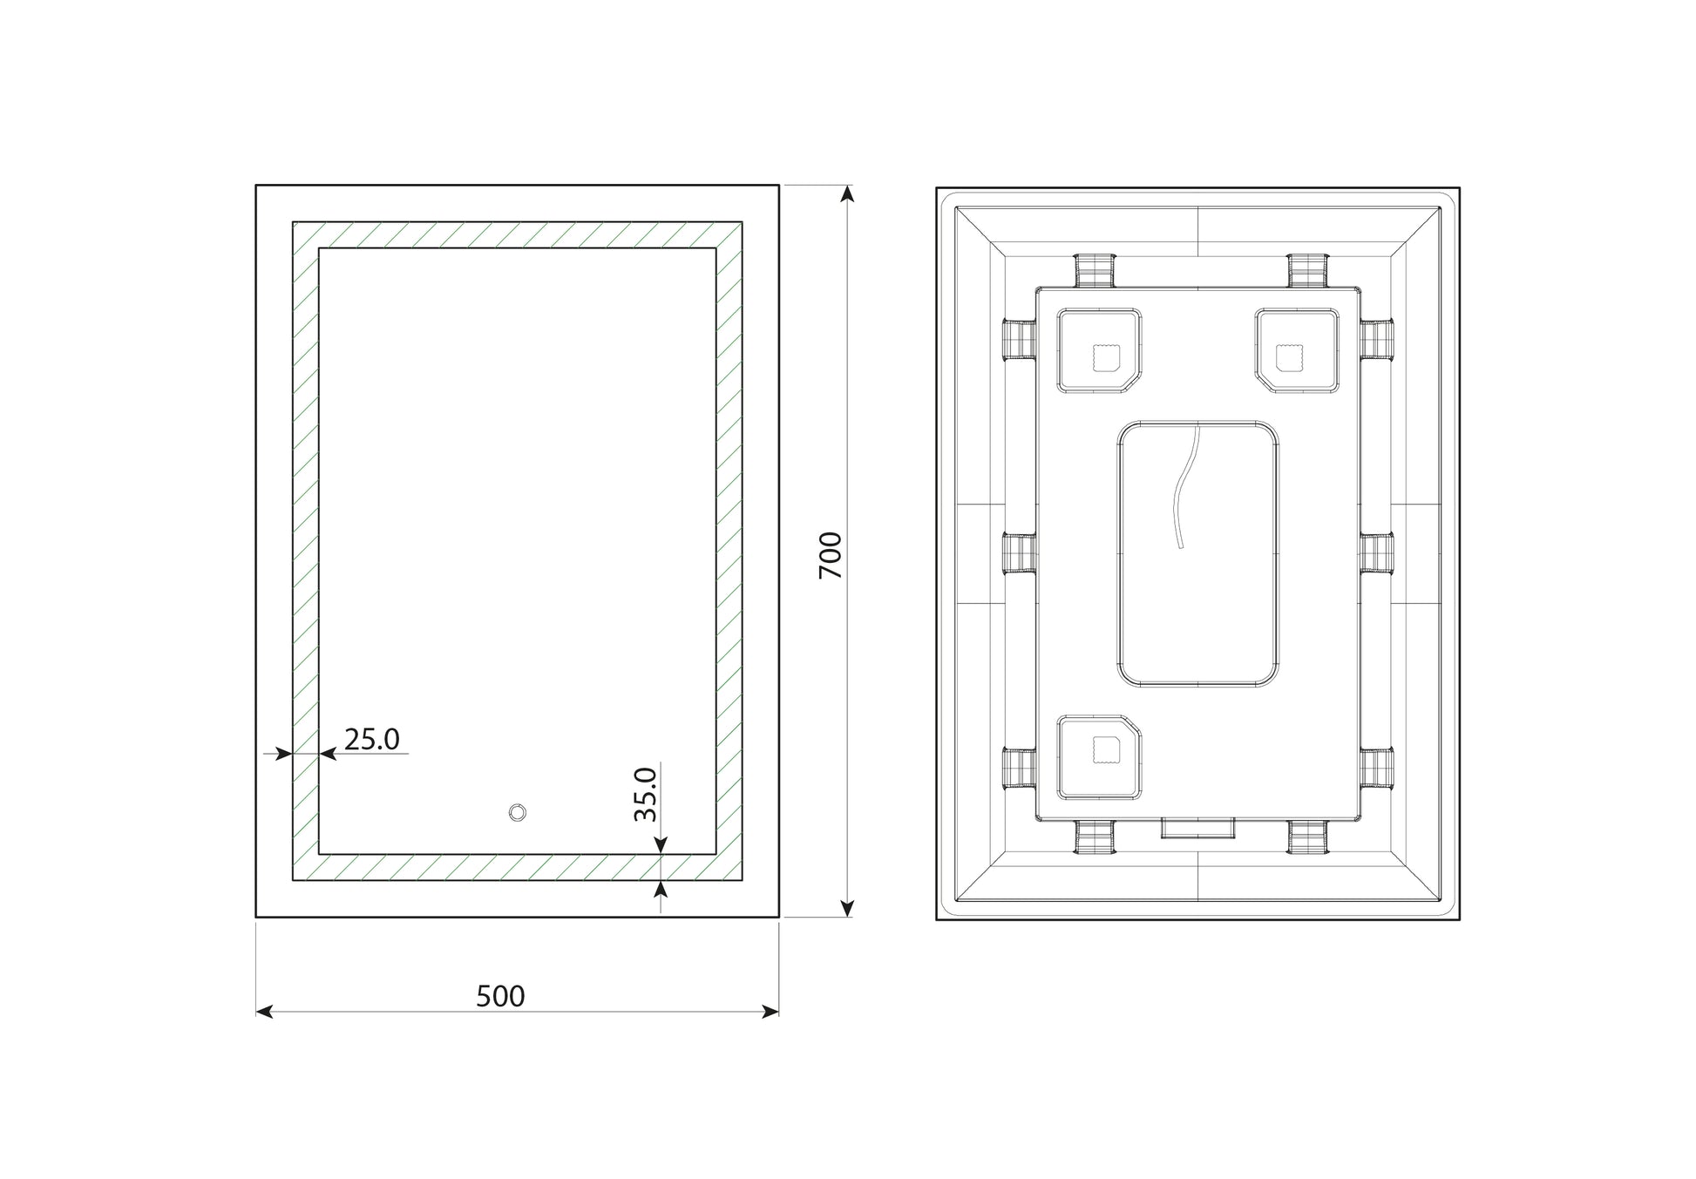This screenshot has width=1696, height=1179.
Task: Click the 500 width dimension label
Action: pyautogui.click(x=500, y=996)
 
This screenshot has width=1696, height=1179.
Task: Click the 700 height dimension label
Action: pyautogui.click(x=831, y=555)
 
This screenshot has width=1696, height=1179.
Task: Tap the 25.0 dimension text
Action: pyautogui.click(x=372, y=739)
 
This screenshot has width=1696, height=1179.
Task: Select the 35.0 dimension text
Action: pyautogui.click(x=645, y=794)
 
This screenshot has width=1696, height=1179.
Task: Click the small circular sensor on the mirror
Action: pyautogui.click(x=518, y=812)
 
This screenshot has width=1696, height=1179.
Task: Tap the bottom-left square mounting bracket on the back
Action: pyautogui.click(x=1099, y=757)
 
